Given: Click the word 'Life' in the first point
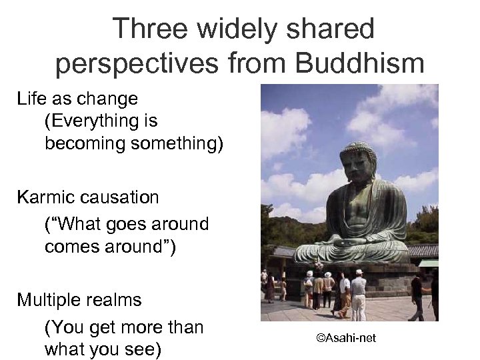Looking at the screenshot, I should click(31, 99).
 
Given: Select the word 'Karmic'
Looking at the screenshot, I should click(45, 197).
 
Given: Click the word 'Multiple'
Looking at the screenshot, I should click(51, 300).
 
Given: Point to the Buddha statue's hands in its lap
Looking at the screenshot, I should click(354, 243).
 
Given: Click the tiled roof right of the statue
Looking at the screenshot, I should click(424, 251).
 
